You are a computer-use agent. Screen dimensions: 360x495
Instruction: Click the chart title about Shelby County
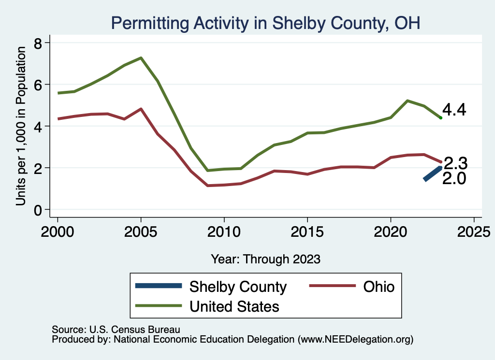[x=265, y=22]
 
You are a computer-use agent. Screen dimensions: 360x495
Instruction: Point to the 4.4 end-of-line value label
[x=454, y=110]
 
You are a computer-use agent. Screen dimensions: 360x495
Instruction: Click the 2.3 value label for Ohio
[x=455, y=163]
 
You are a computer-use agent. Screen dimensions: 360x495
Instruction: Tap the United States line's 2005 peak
[x=141, y=58]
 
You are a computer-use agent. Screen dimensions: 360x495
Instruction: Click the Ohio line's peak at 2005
[x=141, y=109]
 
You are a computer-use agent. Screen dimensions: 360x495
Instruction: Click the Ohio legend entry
[x=351, y=287]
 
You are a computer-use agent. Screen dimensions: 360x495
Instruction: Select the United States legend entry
[x=207, y=306]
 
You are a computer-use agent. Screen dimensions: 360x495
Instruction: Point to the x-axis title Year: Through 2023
[x=265, y=259]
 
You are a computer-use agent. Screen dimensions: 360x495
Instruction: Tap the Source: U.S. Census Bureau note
[x=116, y=330]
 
